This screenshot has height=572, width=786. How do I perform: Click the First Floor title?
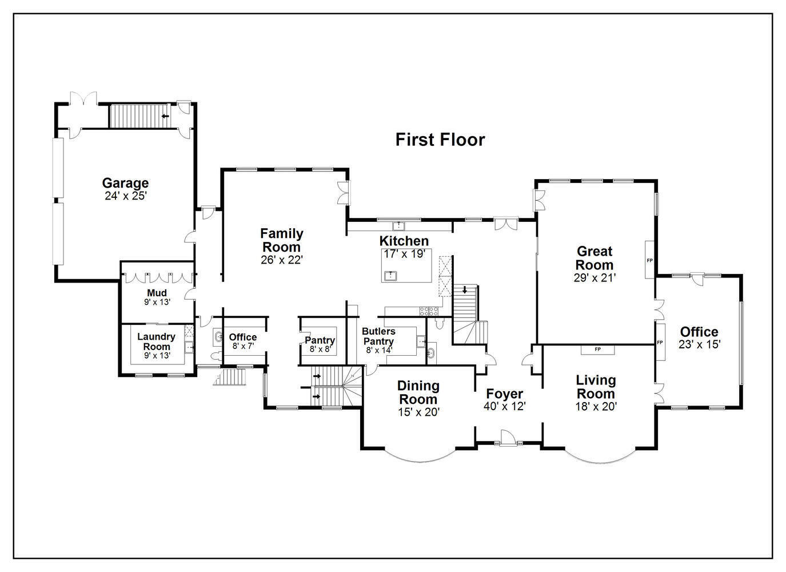[x=440, y=140]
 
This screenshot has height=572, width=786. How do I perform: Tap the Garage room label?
[x=125, y=183]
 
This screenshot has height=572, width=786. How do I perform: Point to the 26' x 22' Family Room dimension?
[x=281, y=260]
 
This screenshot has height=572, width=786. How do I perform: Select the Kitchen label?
[x=404, y=241]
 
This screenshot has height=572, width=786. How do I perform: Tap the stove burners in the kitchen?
[x=429, y=311]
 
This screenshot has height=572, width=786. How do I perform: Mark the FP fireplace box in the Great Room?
[x=649, y=260]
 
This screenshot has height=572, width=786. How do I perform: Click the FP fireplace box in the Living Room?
[x=597, y=349]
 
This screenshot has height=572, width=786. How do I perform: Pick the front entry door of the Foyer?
[x=506, y=440]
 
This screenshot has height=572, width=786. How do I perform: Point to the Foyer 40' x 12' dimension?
[x=505, y=406]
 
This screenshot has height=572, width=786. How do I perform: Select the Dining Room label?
[x=418, y=392]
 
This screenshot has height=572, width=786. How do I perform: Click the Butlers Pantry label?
[x=378, y=336]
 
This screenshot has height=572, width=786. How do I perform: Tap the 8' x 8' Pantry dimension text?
[x=320, y=349]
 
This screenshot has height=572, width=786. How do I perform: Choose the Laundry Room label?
[x=156, y=341]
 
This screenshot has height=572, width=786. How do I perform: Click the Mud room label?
[x=157, y=293]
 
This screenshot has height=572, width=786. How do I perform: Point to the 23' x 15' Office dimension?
[x=699, y=344]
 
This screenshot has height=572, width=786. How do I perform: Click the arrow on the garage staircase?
[x=166, y=117]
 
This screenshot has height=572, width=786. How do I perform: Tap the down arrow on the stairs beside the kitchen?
[x=465, y=289]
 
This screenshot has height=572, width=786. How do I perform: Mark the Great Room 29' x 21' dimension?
[x=595, y=278]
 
